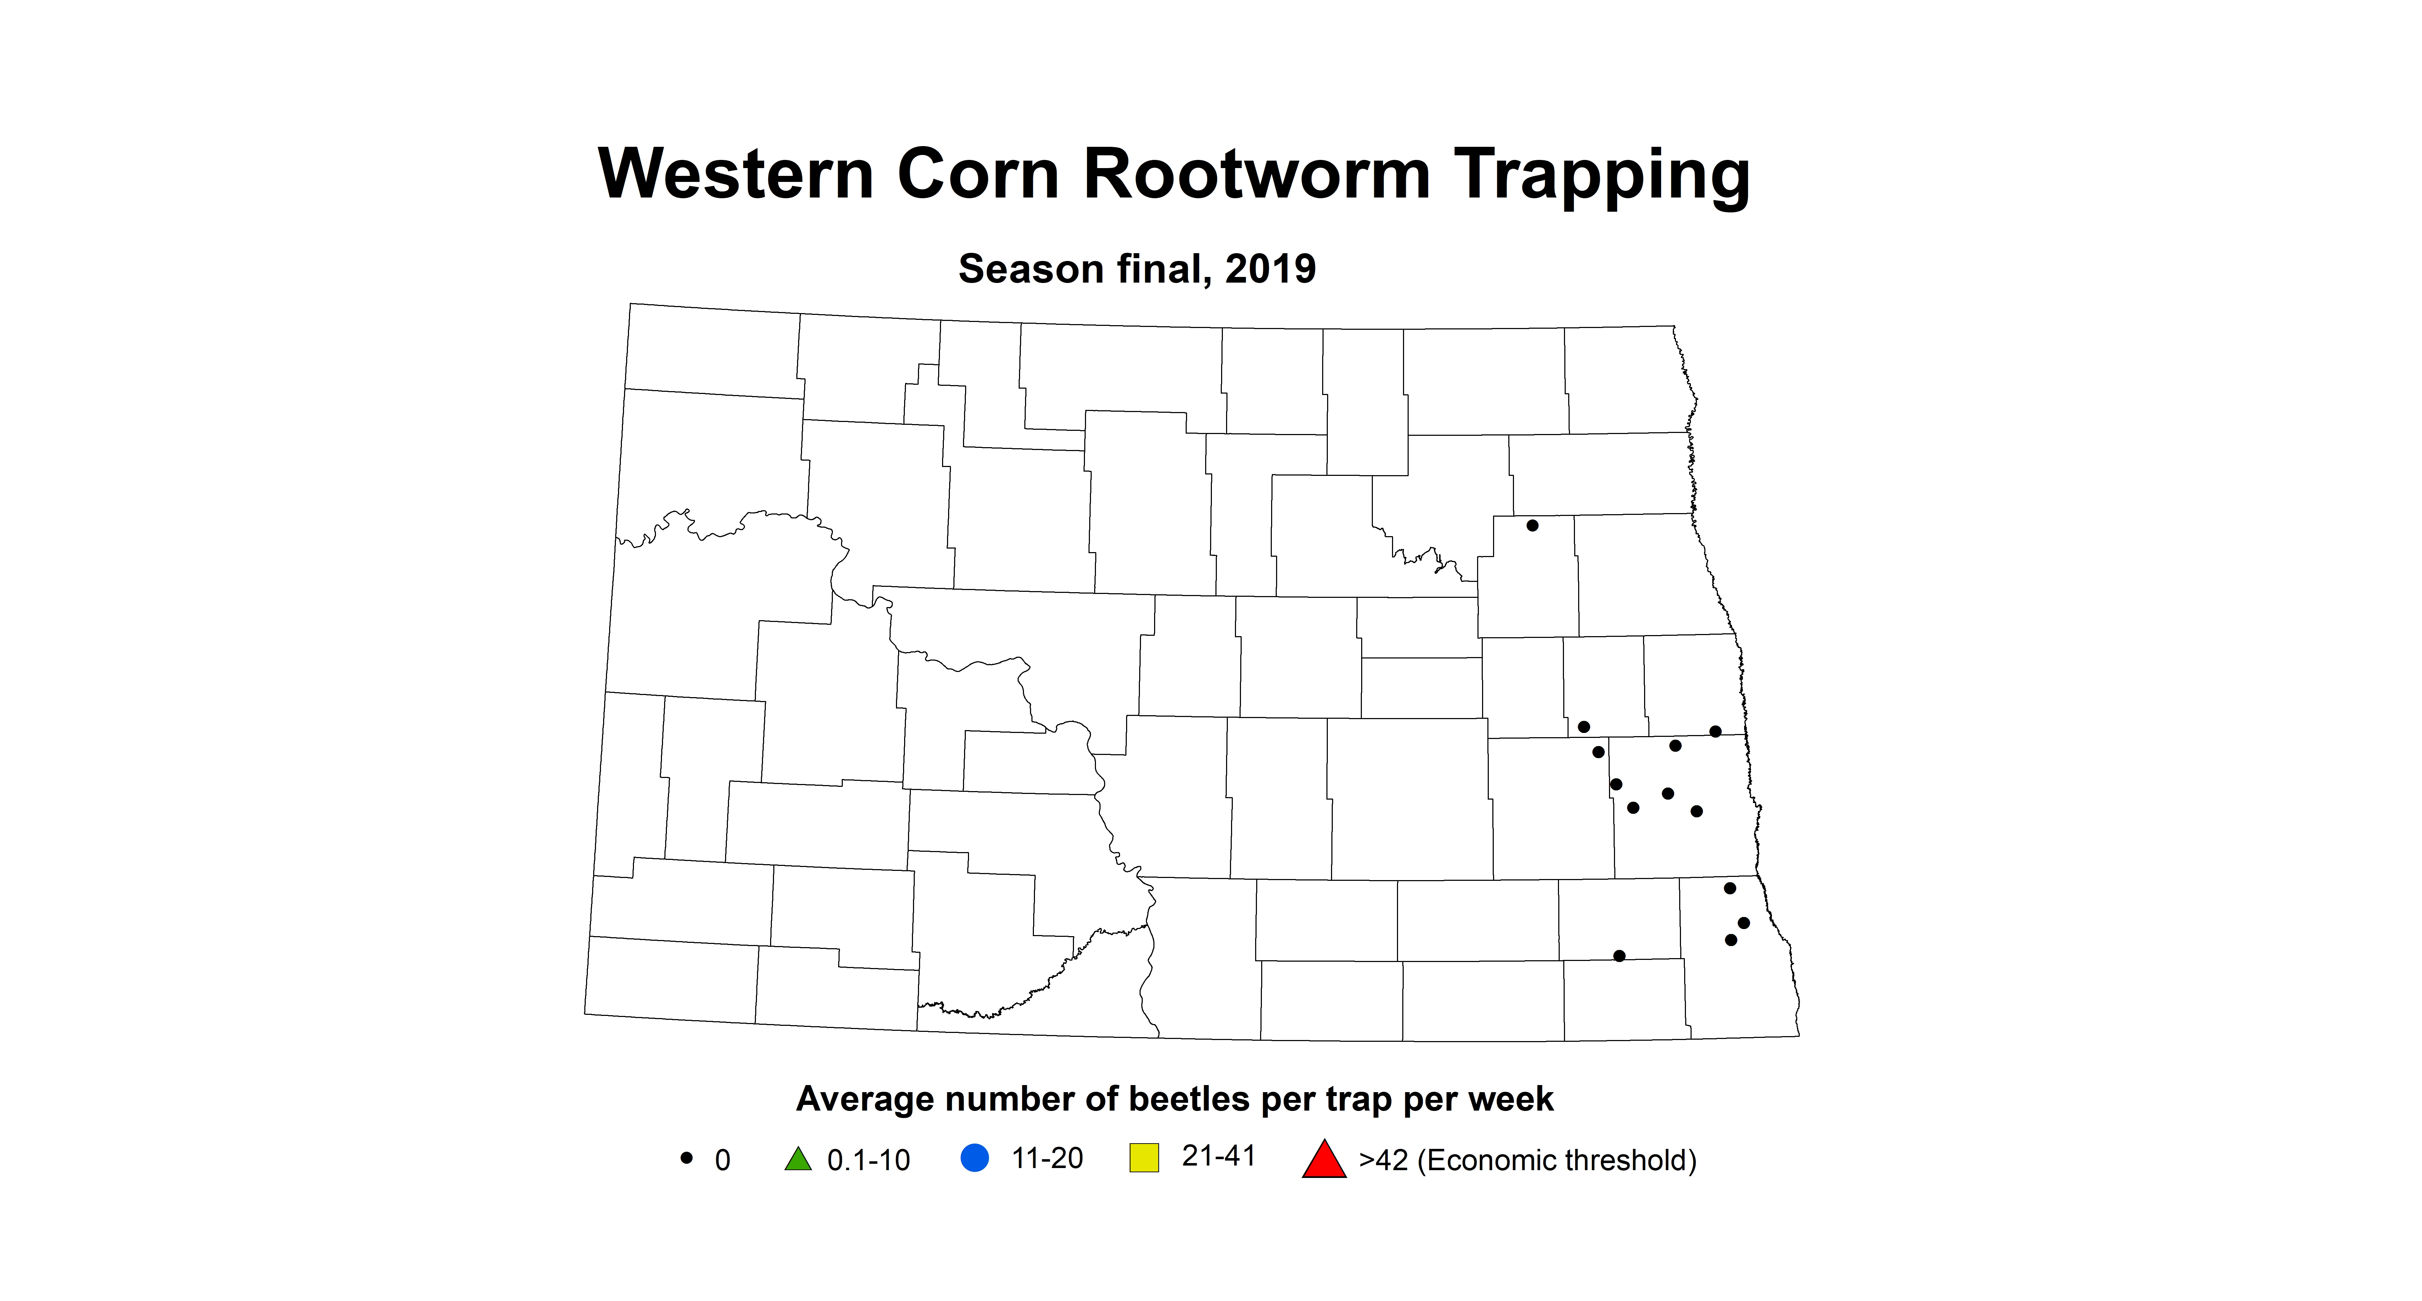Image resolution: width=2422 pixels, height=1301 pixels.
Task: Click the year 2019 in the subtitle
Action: click(1270, 269)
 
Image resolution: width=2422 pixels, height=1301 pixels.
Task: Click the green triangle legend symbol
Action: click(797, 1159)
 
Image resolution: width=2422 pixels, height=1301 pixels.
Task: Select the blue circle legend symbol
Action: click(975, 1157)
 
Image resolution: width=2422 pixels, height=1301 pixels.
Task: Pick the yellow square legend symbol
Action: click(1143, 1157)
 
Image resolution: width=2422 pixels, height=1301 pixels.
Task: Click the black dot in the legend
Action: click(686, 1158)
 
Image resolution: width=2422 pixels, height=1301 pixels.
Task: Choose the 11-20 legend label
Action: click(1046, 1158)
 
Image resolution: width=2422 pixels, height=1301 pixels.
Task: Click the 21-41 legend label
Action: click(1219, 1156)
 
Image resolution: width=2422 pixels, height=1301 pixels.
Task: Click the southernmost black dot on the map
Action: click(1619, 956)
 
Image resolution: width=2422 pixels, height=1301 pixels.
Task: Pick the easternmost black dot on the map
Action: click(1744, 923)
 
